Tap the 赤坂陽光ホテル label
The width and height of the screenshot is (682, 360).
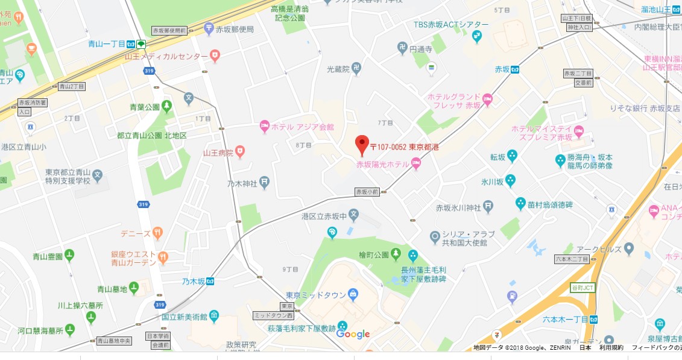click(x=382, y=164)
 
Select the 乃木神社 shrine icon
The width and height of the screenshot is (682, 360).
click(x=264, y=183)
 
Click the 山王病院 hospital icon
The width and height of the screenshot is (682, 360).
click(x=240, y=150)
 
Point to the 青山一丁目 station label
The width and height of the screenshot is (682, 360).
click(x=105, y=44)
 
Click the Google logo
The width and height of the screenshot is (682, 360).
click(x=353, y=334)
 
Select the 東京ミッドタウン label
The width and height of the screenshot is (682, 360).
click(x=315, y=295)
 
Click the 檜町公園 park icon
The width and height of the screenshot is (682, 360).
click(x=396, y=253)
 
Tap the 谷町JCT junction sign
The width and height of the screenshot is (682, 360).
click(x=583, y=288)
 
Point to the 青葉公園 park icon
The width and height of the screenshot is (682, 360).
click(x=166, y=107)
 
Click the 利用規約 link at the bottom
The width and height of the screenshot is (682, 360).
click(x=611, y=348)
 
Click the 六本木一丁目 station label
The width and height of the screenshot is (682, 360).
click(x=564, y=319)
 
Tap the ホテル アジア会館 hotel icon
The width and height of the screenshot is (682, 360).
click(x=264, y=127)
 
